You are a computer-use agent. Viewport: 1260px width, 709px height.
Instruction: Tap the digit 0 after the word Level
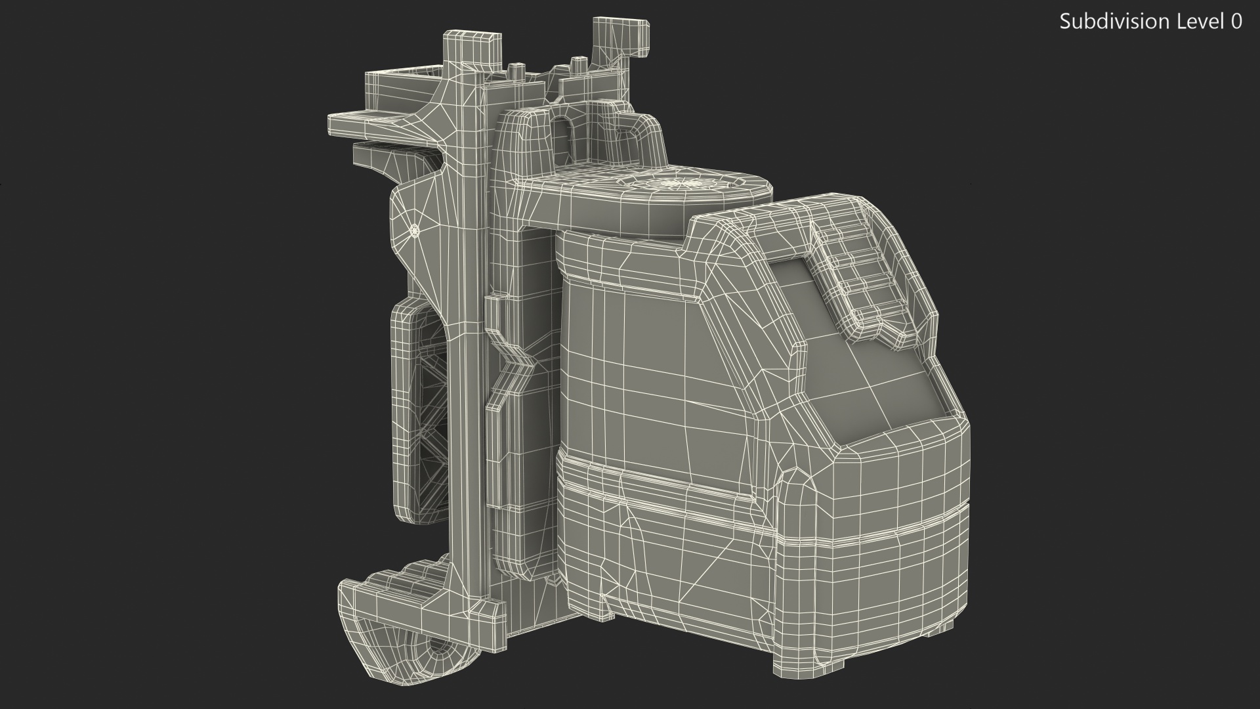pyautogui.click(x=1236, y=22)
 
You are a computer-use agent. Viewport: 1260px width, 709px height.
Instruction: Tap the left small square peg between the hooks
pyautogui.click(x=516, y=71)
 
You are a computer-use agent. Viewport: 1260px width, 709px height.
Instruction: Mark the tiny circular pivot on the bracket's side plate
pyautogui.click(x=414, y=230)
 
